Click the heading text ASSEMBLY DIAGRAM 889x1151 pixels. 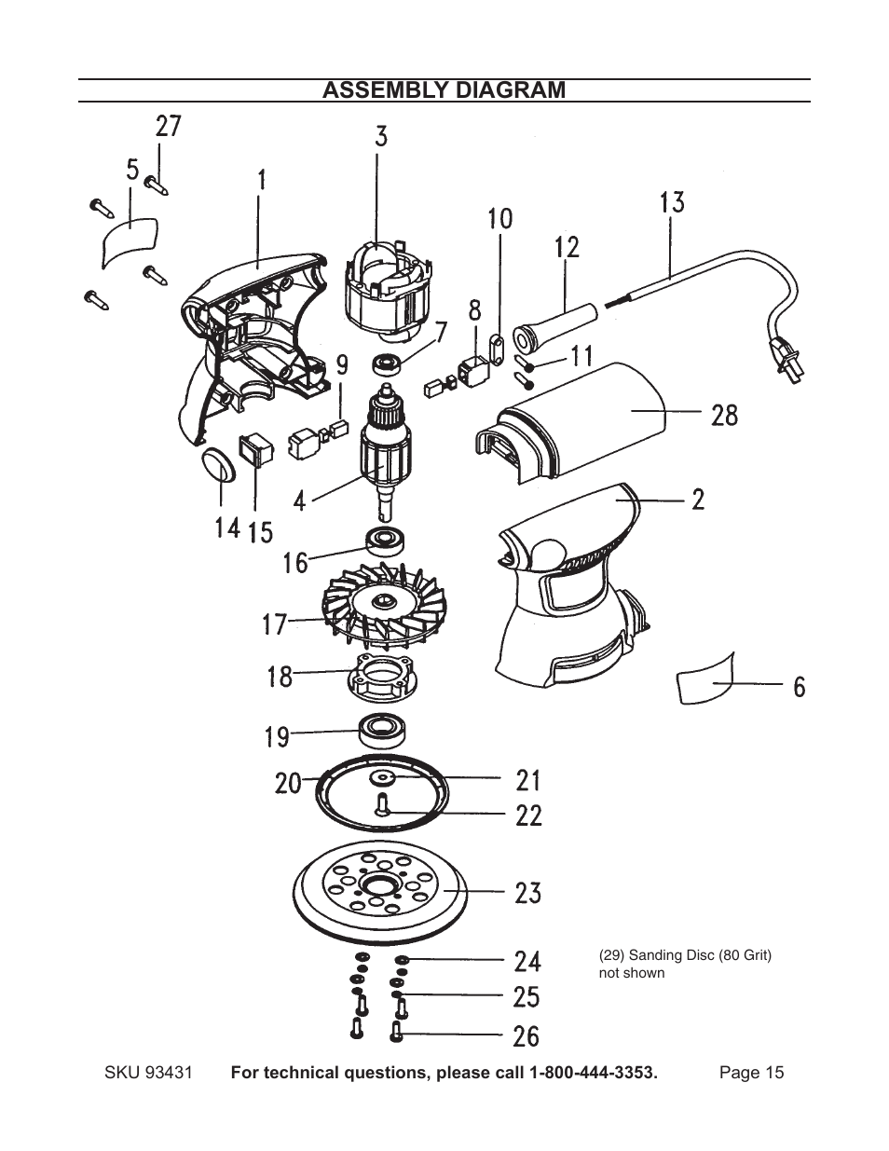pos(444,90)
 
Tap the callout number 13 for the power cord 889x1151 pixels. pos(672,202)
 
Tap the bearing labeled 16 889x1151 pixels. pos(382,539)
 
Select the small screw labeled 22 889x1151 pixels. pos(381,804)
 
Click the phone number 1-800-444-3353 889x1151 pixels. pos(593,1073)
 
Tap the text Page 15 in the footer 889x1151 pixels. pos(751,1073)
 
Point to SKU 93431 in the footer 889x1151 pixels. pos(148,1073)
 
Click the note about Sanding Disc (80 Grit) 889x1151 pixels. pos(684,964)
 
